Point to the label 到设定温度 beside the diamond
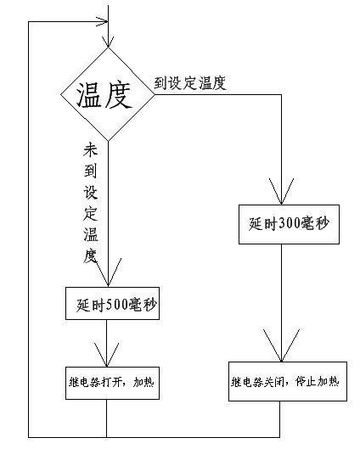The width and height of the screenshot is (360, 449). pos(190,83)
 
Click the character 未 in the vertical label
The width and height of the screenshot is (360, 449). pos(91,150)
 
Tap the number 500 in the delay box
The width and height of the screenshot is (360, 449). pos(117,305)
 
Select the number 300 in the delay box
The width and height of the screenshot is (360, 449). pos(290,223)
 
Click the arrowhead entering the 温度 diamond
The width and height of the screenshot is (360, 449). pos(108,42)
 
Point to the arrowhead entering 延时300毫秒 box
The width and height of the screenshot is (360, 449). pos(281,191)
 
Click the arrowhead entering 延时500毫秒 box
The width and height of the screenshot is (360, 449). pos(109,272)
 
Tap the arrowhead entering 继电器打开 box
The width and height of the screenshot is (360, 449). pos(106,355)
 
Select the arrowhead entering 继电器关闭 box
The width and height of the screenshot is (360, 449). pos(281,345)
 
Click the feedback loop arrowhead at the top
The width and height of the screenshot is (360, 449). pos(102,21)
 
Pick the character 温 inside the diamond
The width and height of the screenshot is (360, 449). pos(89,95)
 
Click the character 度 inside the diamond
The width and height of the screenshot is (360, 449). pos(118,95)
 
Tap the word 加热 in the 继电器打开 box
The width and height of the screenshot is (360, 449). pos(143,382)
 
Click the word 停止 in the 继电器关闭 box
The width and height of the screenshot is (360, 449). pos(306,382)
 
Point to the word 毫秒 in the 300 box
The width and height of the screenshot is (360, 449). pos(315,223)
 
